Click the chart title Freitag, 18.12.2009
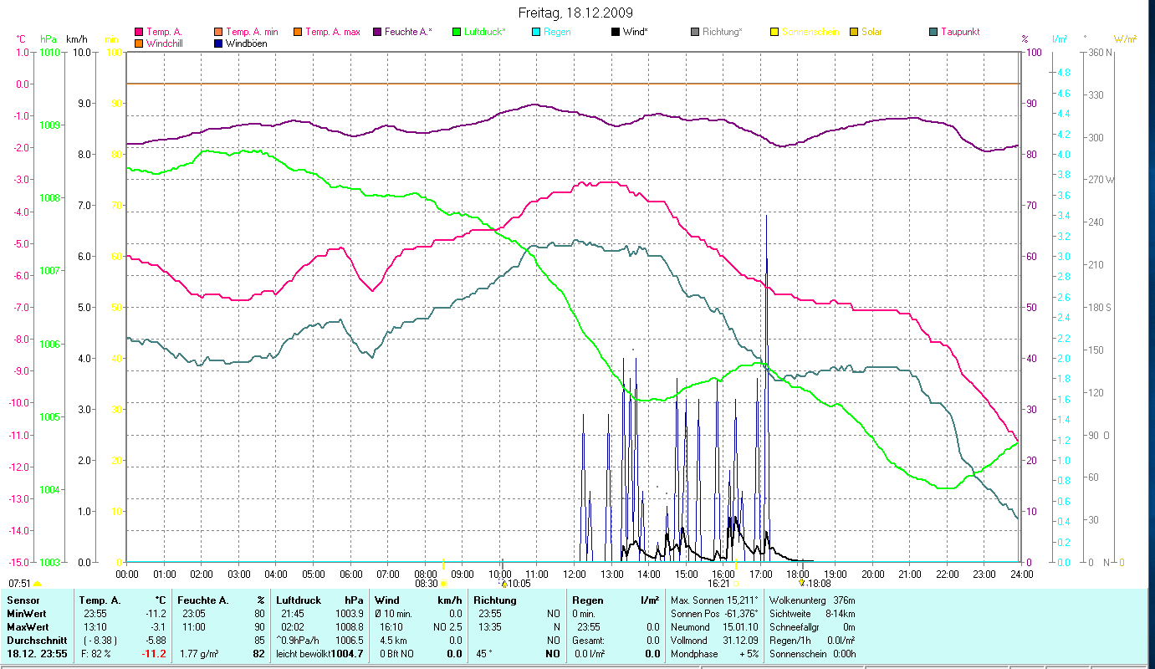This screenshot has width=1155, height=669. pos(575,13)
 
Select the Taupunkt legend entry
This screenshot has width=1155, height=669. pos(959,32)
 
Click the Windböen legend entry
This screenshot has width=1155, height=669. pos(246,43)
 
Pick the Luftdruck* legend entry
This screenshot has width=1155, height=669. pos(484,32)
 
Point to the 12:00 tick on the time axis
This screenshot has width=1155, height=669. pos(574,574)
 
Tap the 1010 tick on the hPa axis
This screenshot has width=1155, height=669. pos(49,52)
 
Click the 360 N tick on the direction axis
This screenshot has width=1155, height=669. pos(1097,52)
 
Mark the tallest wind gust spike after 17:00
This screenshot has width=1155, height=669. pos(766,216)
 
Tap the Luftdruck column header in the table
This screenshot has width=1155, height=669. pos(298,600)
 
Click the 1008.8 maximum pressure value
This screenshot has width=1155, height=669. pos(349,626)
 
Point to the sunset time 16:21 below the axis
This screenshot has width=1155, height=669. pos(719,584)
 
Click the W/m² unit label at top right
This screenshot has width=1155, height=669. pos(1126,38)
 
